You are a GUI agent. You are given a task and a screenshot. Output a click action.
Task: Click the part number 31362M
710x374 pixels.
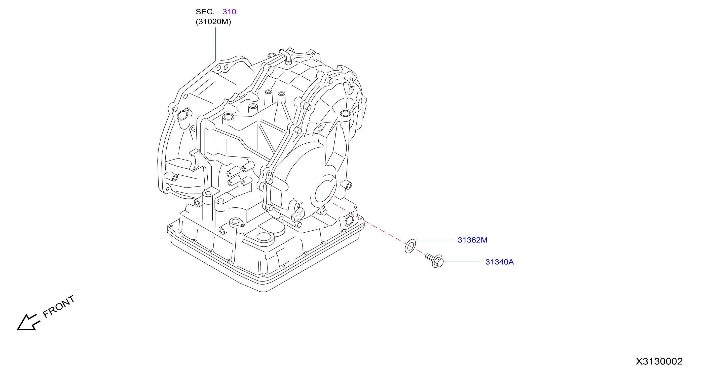472,240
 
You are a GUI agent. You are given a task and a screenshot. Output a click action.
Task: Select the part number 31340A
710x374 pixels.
499,262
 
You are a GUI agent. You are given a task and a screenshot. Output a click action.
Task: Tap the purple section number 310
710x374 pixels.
229,12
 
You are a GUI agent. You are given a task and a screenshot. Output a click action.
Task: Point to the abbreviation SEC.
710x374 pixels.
205,12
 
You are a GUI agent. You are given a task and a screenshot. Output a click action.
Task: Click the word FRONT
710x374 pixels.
59,306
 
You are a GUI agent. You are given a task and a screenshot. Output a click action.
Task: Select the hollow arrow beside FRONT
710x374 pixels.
28,322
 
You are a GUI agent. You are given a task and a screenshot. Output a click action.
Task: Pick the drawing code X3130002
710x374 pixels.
659,361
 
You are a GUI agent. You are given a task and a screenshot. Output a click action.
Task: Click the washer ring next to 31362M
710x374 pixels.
410,246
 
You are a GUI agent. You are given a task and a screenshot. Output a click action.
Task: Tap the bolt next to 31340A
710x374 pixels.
435,260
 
